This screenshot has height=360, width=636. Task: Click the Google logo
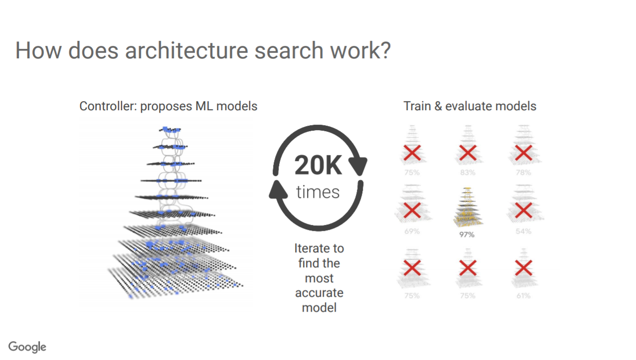tap(27, 347)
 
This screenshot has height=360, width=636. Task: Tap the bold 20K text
tap(318, 165)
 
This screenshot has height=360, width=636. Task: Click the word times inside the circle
tap(318, 192)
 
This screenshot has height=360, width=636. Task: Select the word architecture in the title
tap(186, 50)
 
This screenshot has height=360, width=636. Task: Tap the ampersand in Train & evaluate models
tap(438, 106)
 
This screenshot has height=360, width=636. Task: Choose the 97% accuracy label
tap(467, 234)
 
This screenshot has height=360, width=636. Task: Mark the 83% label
tap(468, 173)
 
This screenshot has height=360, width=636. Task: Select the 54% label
tap(523, 231)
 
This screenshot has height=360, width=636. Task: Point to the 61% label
tap(523, 296)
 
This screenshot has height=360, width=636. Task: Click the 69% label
tap(412, 231)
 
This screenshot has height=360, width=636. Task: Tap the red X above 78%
tap(523, 153)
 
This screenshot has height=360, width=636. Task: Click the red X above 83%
tap(468, 153)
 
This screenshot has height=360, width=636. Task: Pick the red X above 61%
tap(523, 268)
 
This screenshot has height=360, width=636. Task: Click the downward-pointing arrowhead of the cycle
tap(358, 166)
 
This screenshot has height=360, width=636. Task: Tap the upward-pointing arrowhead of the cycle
tap(278, 189)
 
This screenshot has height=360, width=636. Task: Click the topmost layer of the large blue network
tap(170, 130)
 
